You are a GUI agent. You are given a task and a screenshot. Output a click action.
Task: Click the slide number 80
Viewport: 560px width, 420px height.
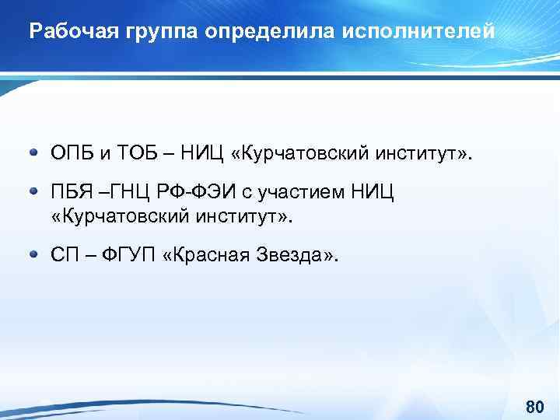[534, 406]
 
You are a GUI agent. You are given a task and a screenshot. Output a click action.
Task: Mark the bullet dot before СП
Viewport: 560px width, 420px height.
[34, 254]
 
